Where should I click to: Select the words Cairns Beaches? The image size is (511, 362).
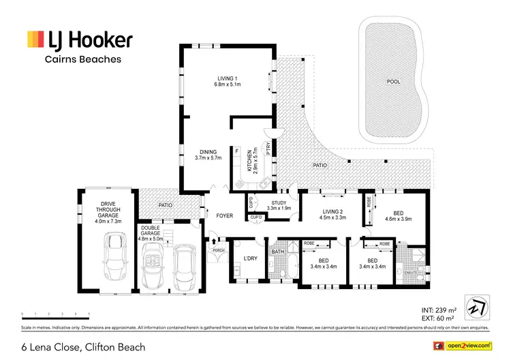pos(83,59)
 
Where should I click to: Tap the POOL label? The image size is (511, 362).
pos(394,81)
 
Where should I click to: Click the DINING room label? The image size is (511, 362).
pos(208,152)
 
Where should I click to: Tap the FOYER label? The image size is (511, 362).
pos(225,216)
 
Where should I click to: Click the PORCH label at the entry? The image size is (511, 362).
pos(218,249)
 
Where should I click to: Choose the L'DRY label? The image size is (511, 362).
pos(249,258)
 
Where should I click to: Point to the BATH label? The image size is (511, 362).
pos(277,252)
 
